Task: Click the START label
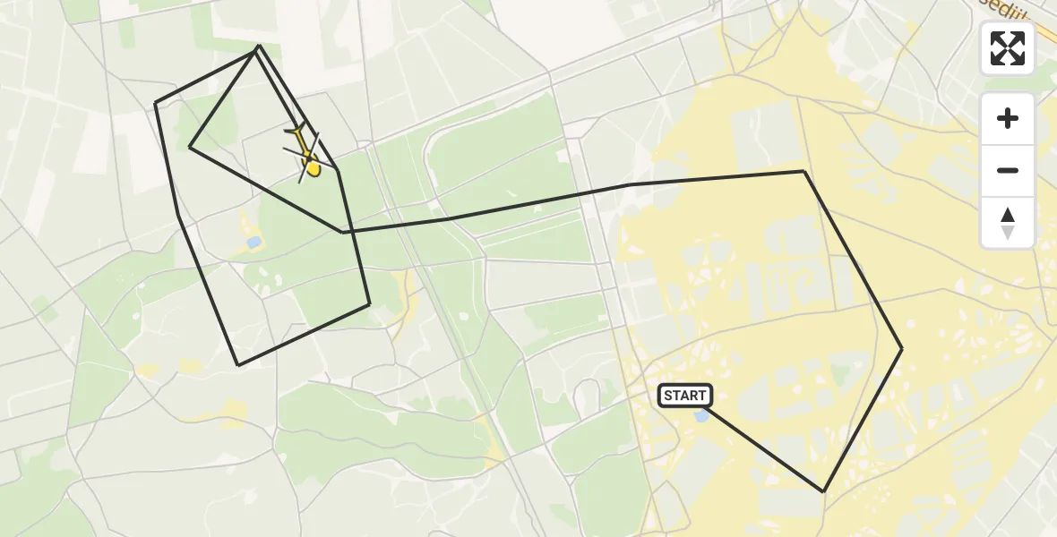pos(685,396)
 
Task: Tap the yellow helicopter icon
pos(306,154)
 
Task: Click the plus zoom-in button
pos(1008,119)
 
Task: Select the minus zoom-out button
pos(1008,170)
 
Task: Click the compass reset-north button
pos(1008,222)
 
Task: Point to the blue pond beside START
pos(702,415)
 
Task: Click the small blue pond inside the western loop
pos(254,242)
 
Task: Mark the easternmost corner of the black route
pos(902,348)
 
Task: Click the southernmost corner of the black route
pos(823,491)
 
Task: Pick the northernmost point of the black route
pos(258,46)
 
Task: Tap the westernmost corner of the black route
pos(155,104)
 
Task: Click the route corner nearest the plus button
pos(803,171)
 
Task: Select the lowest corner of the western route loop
pos(238,365)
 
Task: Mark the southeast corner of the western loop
pos(370,305)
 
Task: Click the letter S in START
pos(669,396)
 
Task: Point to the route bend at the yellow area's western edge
pos(630,184)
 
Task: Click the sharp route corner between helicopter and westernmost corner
pos(190,147)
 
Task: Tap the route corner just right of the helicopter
pos(338,170)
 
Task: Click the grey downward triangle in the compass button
pos(1008,232)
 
